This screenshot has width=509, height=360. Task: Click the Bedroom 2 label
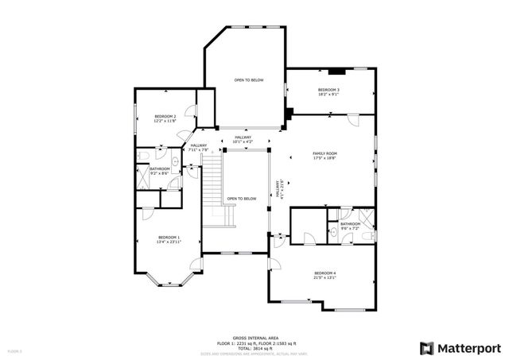click(165, 118)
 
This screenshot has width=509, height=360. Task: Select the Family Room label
click(324, 155)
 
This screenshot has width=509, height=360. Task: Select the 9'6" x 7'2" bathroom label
click(350, 226)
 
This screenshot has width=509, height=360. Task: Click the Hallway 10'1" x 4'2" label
click(243, 140)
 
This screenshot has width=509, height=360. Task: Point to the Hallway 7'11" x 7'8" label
click(198, 148)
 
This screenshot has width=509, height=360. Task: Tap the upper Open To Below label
click(249, 80)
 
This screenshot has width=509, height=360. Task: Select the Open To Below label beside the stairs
click(242, 199)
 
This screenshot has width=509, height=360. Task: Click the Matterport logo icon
click(427, 348)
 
